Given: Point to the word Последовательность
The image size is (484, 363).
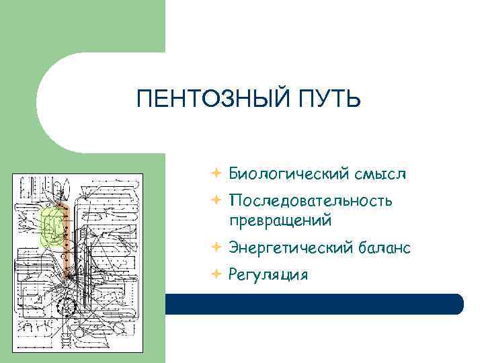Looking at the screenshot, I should pos(311,201).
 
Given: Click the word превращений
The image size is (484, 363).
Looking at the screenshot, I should pos(280,220).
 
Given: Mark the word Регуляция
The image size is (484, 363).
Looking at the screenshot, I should pos(268,274).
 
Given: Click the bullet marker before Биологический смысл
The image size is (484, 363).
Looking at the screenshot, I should pos(214,174).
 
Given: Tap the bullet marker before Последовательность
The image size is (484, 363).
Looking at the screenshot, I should pos(214,200).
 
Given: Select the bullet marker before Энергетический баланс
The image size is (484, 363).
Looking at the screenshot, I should pos(214,248).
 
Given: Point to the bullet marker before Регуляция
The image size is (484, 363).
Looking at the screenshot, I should pos(214,274).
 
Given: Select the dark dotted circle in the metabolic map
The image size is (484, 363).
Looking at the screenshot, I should pos(69,306).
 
